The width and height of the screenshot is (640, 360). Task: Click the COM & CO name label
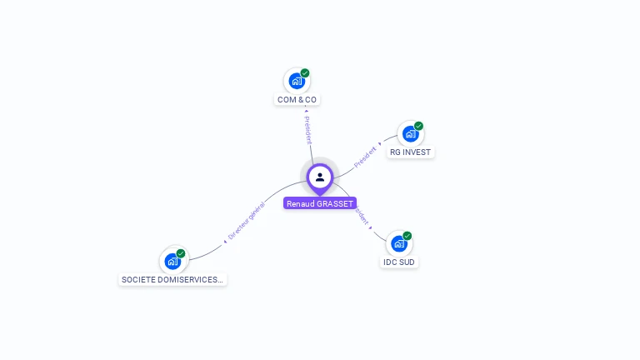(297, 100)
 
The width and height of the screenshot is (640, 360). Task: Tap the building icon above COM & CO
(296, 81)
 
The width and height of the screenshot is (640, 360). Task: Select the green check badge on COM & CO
(305, 73)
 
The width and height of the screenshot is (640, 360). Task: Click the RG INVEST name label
(410, 152)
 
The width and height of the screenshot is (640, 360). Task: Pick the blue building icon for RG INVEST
(409, 133)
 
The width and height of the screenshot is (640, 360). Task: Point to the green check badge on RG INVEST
(418, 126)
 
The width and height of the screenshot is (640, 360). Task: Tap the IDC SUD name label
(398, 262)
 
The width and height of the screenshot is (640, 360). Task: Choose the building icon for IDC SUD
(398, 243)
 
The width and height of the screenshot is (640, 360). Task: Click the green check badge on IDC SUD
(407, 236)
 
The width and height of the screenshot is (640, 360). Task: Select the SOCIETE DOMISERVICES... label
(172, 280)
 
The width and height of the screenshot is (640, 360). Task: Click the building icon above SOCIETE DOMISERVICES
(172, 261)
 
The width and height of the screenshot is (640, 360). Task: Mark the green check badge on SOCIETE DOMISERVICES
(181, 253)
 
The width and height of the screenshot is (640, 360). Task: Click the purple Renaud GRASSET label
(320, 203)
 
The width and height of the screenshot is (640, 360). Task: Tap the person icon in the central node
(320, 177)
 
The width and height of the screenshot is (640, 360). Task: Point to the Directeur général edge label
(246, 221)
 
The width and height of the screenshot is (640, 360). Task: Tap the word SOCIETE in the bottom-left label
(139, 280)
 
